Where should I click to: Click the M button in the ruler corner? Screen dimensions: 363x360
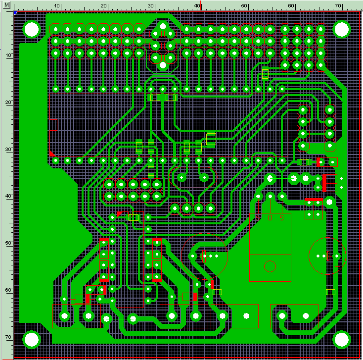[6, 5]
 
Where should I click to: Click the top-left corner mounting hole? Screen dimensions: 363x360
[32, 29]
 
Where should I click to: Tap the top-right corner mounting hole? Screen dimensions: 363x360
[341, 29]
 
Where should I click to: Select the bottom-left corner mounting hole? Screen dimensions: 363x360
[32, 340]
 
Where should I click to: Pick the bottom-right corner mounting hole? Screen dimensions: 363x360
[341, 340]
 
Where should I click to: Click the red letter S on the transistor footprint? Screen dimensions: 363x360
[258, 218]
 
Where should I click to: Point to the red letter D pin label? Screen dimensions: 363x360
[270, 218]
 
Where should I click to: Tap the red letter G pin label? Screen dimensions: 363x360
[281, 218]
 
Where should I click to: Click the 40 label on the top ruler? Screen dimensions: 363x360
[197, 5]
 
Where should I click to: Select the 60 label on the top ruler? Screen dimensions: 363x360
[291, 5]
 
